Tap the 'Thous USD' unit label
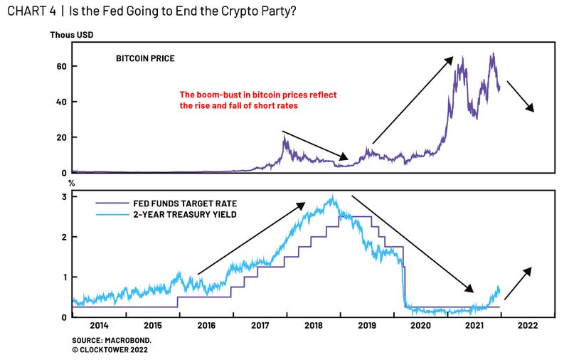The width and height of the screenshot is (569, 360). point(71,34)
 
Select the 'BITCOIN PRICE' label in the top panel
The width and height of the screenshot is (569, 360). point(145,58)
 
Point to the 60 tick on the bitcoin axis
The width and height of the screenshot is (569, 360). point(62,66)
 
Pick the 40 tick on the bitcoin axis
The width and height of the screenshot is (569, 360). point(62,102)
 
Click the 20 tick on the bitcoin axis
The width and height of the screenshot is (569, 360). point(62,137)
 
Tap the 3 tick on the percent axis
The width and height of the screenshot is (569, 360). point(64,196)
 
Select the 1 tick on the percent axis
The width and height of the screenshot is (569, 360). point(64,277)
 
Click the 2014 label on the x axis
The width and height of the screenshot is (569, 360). point(100,325)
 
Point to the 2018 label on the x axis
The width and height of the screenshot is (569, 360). point(314,325)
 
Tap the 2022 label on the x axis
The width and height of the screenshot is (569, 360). point(528,325)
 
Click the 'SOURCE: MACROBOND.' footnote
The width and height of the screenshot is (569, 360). point(109,341)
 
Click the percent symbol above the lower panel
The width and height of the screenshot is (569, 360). point(70,184)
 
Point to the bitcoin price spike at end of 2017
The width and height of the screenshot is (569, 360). point(285,138)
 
